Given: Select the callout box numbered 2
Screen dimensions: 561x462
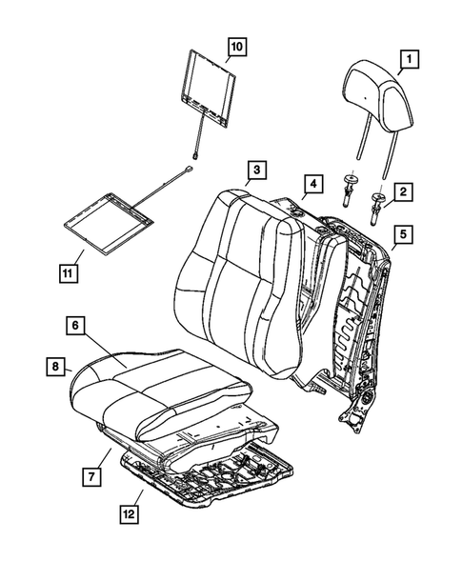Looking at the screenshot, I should click(403, 193).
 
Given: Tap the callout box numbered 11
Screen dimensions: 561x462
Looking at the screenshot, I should click(67, 275).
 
